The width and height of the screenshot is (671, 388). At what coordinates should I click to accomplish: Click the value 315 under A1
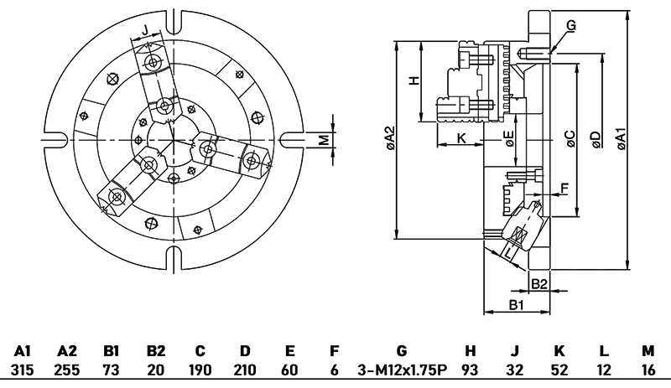(23, 370)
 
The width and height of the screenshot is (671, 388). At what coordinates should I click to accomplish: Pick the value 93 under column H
(471, 370)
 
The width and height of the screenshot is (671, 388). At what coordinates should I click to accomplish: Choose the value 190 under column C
(200, 370)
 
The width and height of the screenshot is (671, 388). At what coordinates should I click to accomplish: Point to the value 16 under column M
(647, 370)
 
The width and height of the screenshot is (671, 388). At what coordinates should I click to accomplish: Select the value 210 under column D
(244, 370)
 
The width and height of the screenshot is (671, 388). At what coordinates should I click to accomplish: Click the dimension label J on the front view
(145, 31)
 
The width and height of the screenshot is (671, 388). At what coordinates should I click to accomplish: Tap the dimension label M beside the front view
(323, 139)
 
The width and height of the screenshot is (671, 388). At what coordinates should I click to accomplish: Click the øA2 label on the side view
(389, 138)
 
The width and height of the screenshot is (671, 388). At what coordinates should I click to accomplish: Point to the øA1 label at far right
(620, 138)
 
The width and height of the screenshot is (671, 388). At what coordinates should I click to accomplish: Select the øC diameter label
(570, 138)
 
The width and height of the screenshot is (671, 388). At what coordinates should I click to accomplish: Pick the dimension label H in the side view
(412, 80)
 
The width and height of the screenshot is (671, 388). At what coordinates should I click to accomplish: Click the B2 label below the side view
(539, 283)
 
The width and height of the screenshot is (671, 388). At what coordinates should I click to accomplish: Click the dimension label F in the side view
(564, 187)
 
